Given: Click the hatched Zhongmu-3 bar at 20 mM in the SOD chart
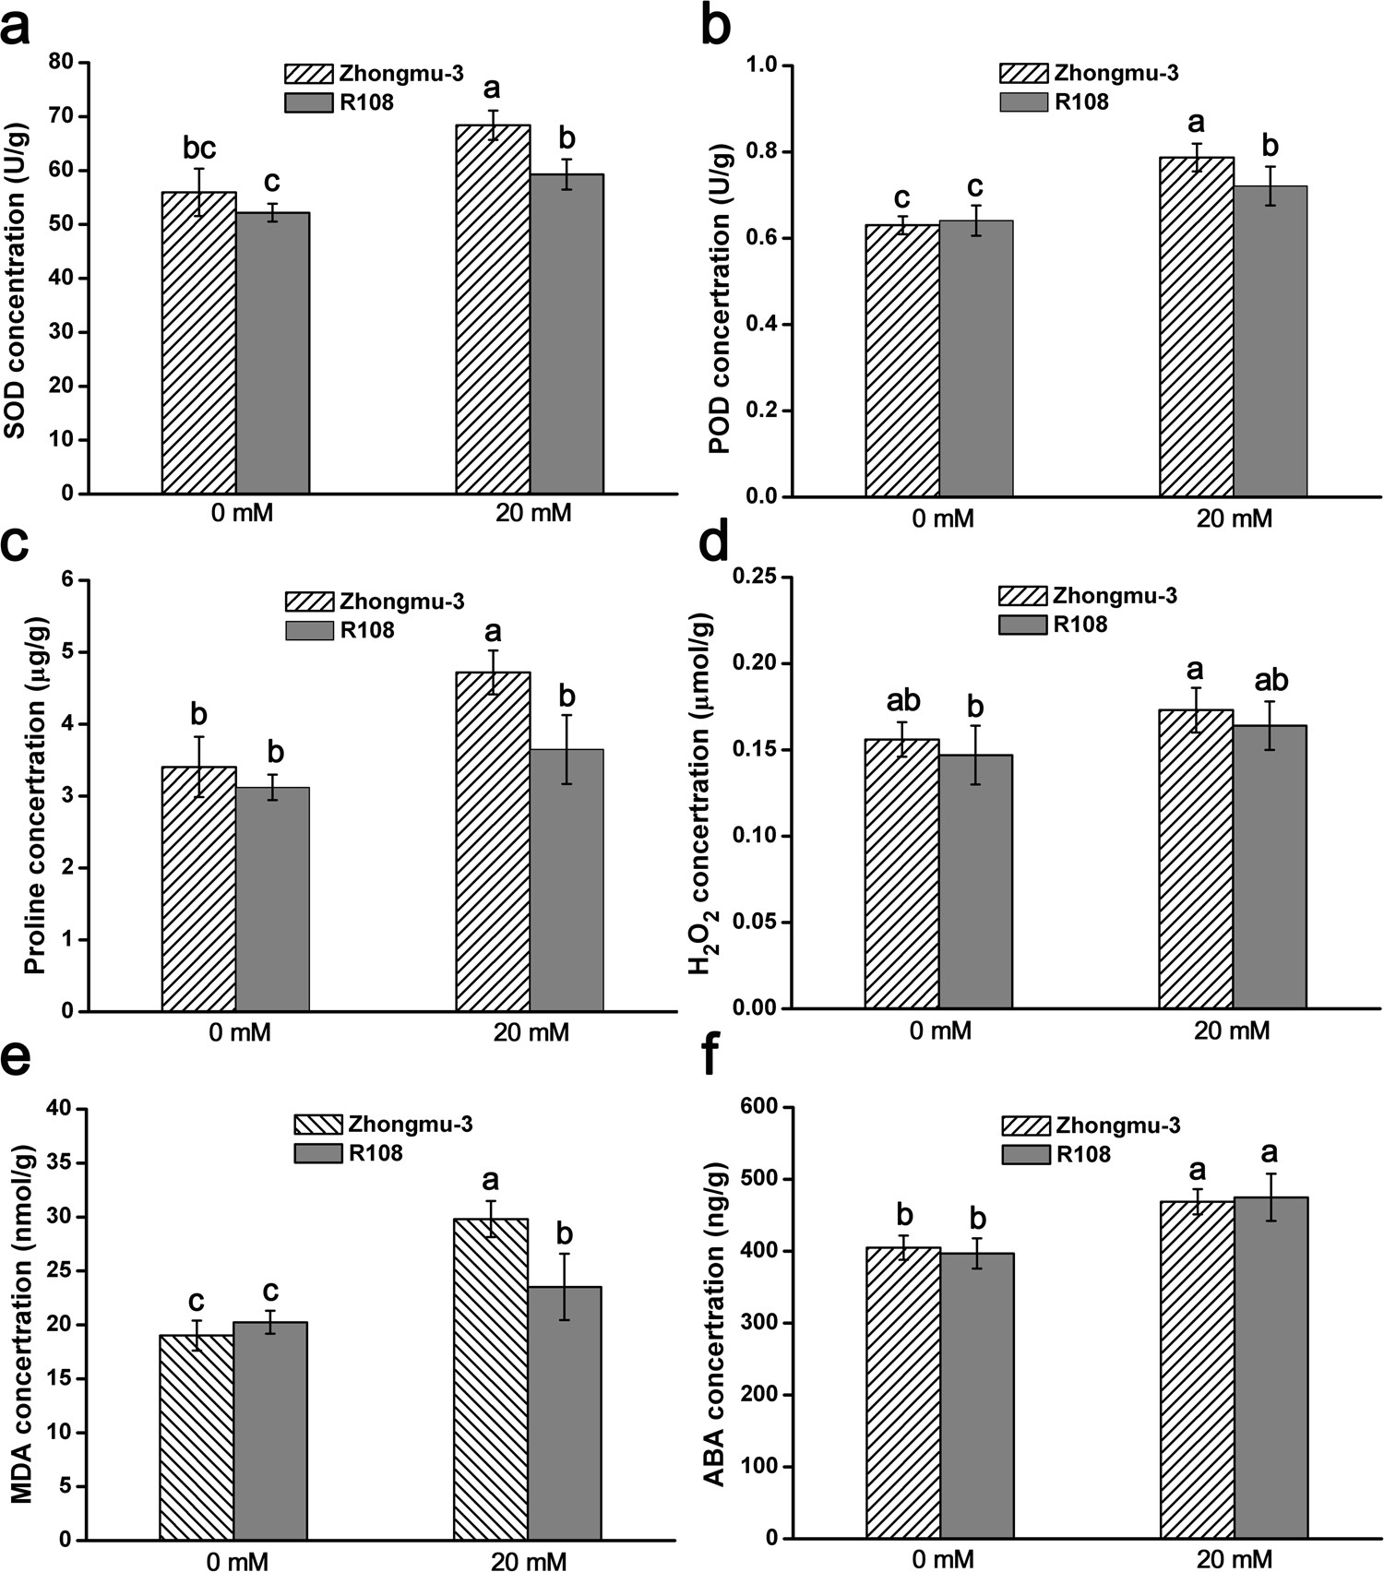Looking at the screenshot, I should pos(493,309).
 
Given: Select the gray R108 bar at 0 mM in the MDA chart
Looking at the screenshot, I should pos(270,1430).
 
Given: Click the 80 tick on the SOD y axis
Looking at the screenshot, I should pos(64,63).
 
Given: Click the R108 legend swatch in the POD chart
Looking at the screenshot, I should pos(1023,101).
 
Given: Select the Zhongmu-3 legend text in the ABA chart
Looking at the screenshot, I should pos(1118,1125).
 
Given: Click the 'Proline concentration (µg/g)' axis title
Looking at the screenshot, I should pos(34,796).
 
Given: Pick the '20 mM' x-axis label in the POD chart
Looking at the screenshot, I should pos(1234,519).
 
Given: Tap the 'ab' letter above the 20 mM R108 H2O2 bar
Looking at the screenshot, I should pos(1271,681).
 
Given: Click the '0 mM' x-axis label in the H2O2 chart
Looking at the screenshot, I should pos(940,1030).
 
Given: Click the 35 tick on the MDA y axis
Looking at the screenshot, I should pos(64,1162).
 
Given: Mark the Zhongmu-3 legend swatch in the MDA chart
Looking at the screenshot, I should pos(317,1125).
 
